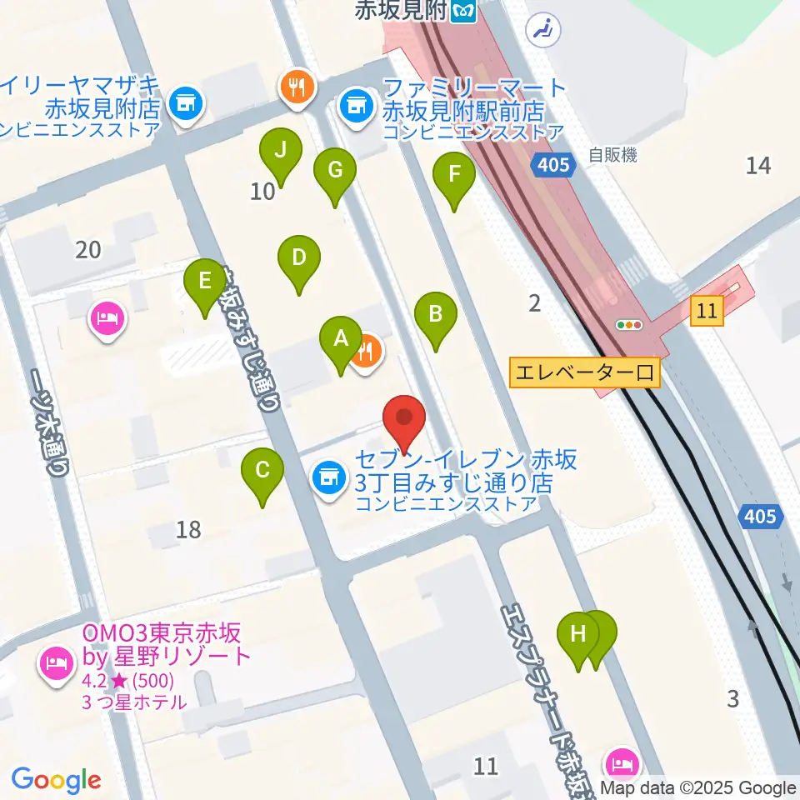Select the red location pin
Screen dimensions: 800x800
(404, 422)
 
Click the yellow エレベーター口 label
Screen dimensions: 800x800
(585, 372)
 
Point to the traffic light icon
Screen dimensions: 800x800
(629, 325)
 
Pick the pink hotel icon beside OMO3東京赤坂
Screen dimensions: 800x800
(55, 664)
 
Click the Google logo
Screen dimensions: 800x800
(56, 781)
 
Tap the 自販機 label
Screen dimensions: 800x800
(612, 154)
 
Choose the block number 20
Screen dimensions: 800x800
(87, 248)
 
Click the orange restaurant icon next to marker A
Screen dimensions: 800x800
(367, 352)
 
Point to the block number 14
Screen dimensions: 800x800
(758, 165)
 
